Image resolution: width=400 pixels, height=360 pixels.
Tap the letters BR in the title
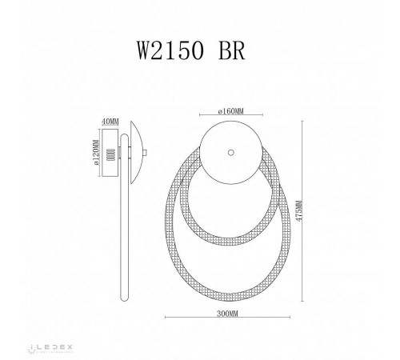click(233, 48)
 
